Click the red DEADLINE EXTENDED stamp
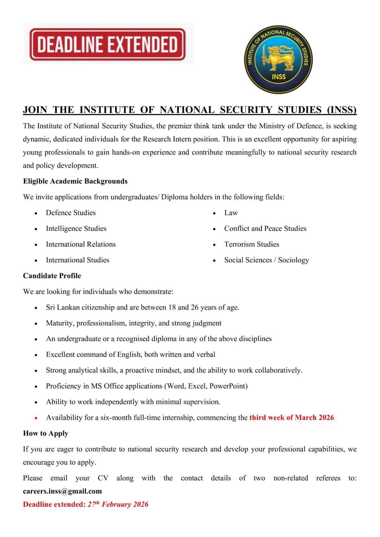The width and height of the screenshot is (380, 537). click(x=107, y=44)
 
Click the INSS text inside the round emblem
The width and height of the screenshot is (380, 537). click(x=279, y=77)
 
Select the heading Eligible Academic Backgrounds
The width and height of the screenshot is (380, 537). click(x=75, y=181)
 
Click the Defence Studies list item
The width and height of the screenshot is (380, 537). click(x=70, y=213)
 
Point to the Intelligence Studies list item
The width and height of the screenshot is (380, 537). click(x=76, y=229)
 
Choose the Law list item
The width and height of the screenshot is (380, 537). click(x=231, y=213)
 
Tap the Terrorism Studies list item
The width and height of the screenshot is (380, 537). click(x=251, y=244)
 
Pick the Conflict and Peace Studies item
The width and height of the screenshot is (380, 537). click(x=265, y=229)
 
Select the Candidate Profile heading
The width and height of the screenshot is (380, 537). click(x=52, y=276)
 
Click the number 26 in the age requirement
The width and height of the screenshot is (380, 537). click(x=195, y=308)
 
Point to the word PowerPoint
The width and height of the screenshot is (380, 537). click(x=228, y=386)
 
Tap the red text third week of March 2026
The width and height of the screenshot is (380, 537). click(x=291, y=418)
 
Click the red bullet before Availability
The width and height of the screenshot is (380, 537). click(x=36, y=418)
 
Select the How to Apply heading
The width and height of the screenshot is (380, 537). click(x=46, y=434)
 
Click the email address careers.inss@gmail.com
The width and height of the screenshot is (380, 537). click(x=62, y=491)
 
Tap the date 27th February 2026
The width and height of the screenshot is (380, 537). click(x=118, y=504)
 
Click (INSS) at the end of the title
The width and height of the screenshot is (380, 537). click(x=342, y=110)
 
